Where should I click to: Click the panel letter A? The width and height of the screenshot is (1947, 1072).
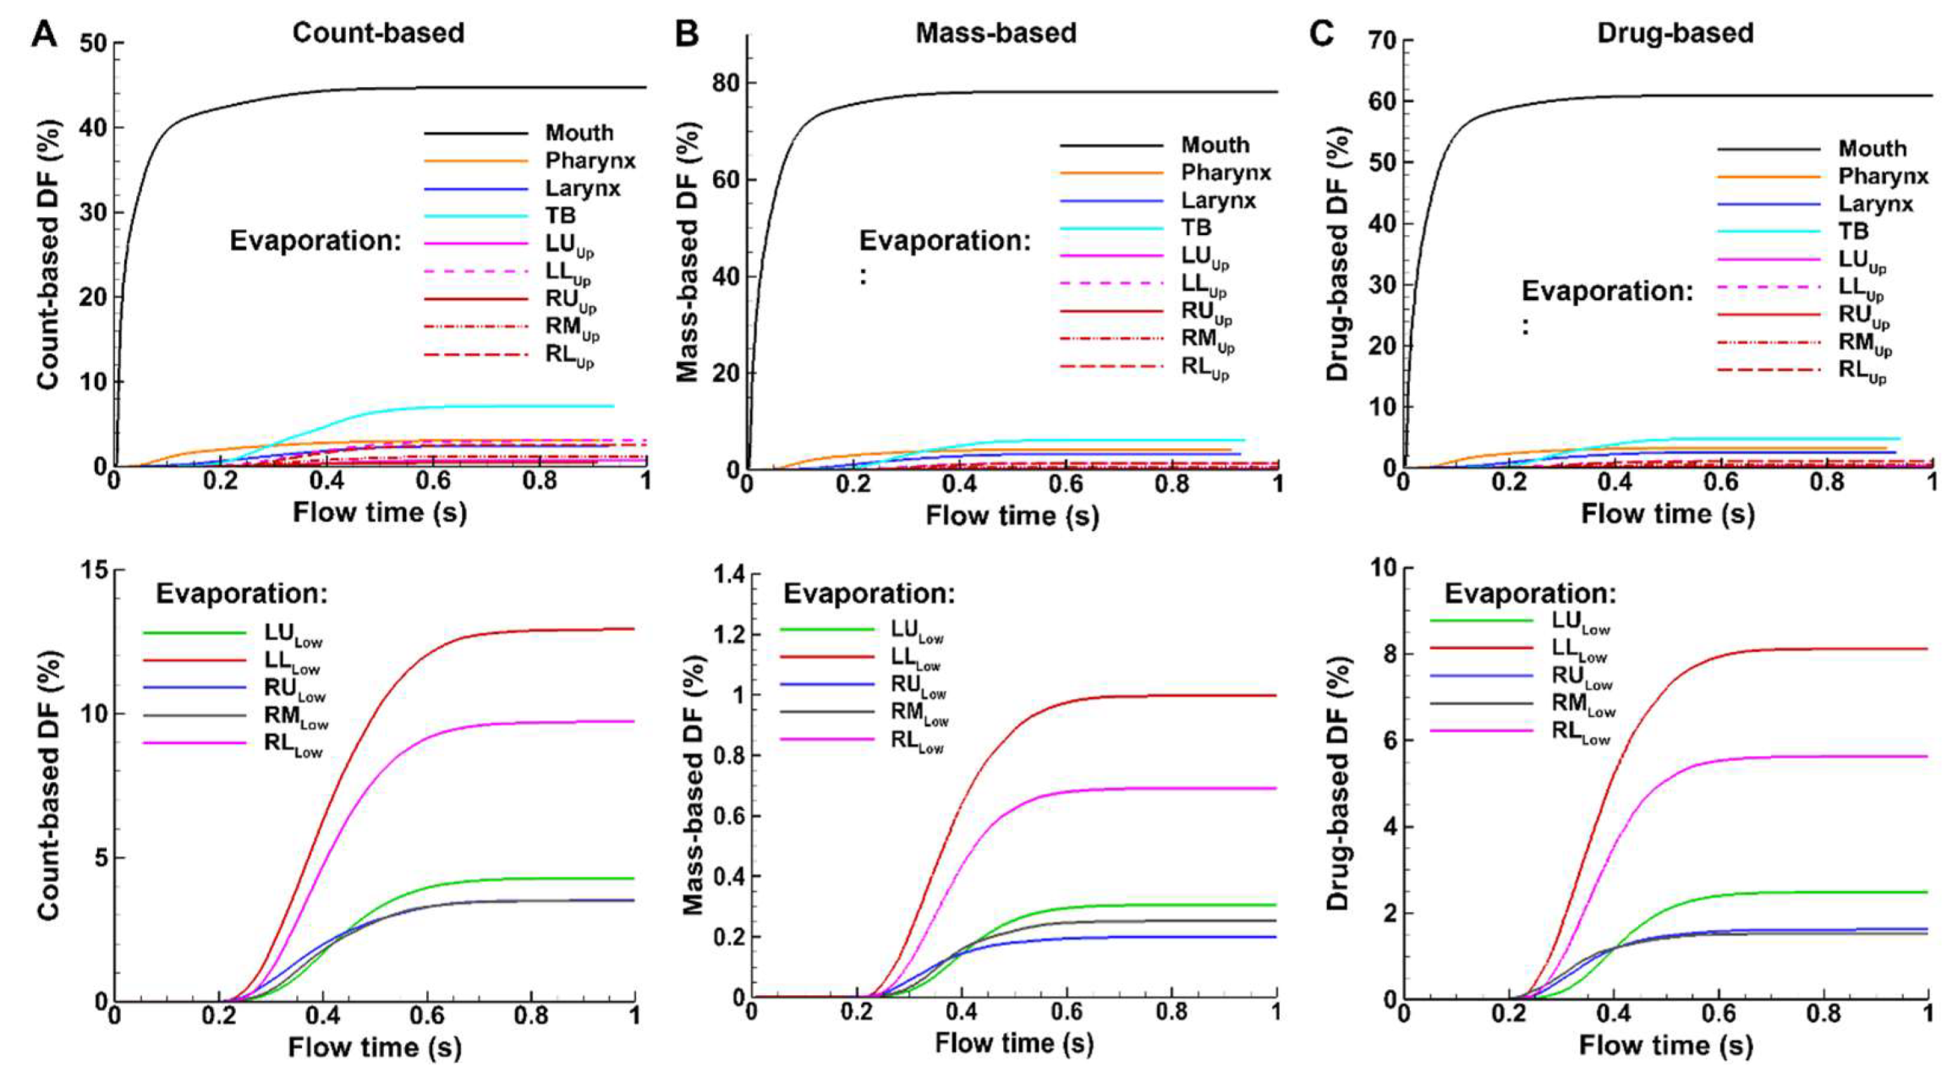click(44, 35)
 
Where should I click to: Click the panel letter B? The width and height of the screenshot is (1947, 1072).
click(687, 35)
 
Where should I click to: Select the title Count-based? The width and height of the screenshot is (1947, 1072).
click(378, 33)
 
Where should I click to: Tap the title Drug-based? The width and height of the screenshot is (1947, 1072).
click(1674, 33)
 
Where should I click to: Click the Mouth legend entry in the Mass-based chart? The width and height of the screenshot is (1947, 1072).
click(1215, 145)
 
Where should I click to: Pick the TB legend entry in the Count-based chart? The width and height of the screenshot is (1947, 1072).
click(560, 216)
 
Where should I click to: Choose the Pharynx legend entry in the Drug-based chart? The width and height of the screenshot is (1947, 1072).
click(1883, 177)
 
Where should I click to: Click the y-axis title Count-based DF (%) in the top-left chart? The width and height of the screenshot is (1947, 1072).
click(48, 254)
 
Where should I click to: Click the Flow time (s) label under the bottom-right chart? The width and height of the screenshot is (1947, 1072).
click(1665, 1046)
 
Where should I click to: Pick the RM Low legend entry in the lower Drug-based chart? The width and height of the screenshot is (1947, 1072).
click(1582, 704)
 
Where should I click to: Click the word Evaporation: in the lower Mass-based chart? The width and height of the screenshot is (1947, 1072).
click(869, 593)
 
